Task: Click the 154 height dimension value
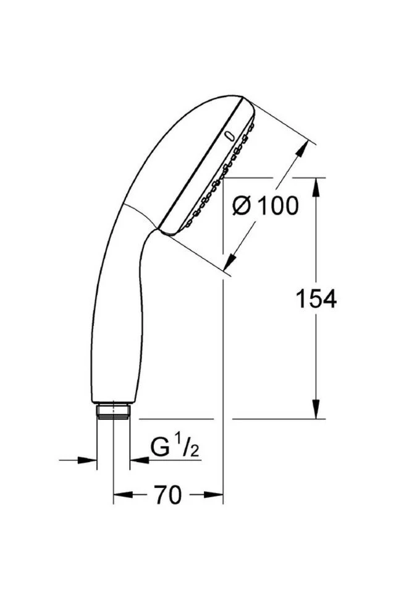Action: pyautogui.click(x=316, y=299)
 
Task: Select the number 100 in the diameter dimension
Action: pyautogui.click(x=277, y=205)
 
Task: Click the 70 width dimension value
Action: pyautogui.click(x=167, y=495)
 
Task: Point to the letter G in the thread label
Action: pyautogui.click(x=160, y=447)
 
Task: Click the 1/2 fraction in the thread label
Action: pyautogui.click(x=189, y=447)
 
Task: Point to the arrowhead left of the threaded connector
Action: pyautogui.click(x=91, y=460)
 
